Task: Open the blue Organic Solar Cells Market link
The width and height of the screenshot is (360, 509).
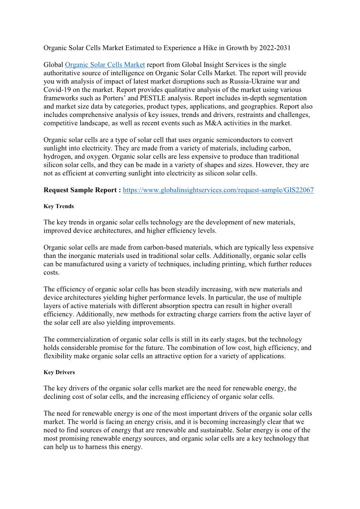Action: [105, 65]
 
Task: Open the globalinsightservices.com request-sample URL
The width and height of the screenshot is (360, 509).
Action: [219, 190]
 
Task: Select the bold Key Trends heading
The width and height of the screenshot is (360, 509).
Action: [58, 206]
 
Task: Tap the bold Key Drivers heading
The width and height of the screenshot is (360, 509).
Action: [59, 372]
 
